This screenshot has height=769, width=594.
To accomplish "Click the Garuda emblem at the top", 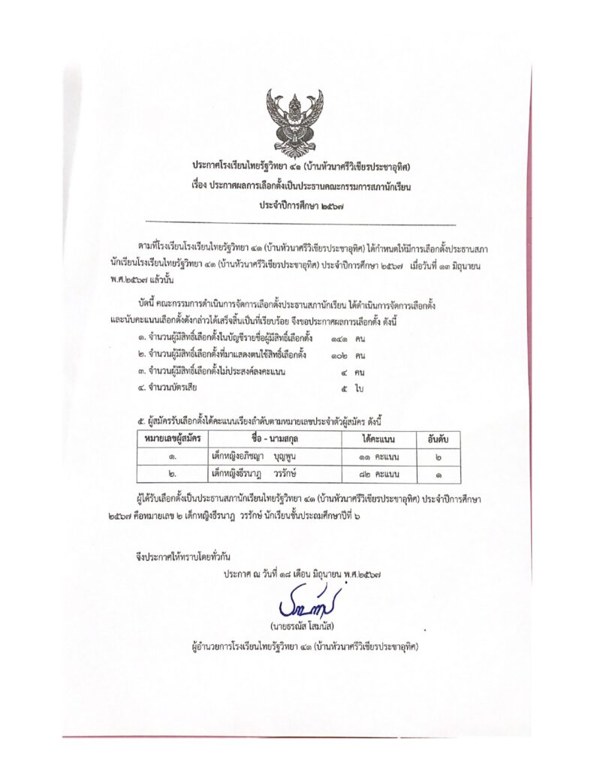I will [x=296, y=120].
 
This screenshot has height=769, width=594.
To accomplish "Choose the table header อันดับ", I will [x=438, y=438].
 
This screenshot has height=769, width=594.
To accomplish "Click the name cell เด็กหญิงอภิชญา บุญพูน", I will [x=252, y=455].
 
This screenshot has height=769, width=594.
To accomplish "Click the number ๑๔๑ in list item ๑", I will [x=339, y=340].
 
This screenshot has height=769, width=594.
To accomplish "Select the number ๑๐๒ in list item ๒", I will [x=339, y=355].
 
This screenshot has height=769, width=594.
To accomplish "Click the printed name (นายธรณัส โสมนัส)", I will [x=302, y=626].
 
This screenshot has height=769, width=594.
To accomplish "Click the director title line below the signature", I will [x=305, y=645].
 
